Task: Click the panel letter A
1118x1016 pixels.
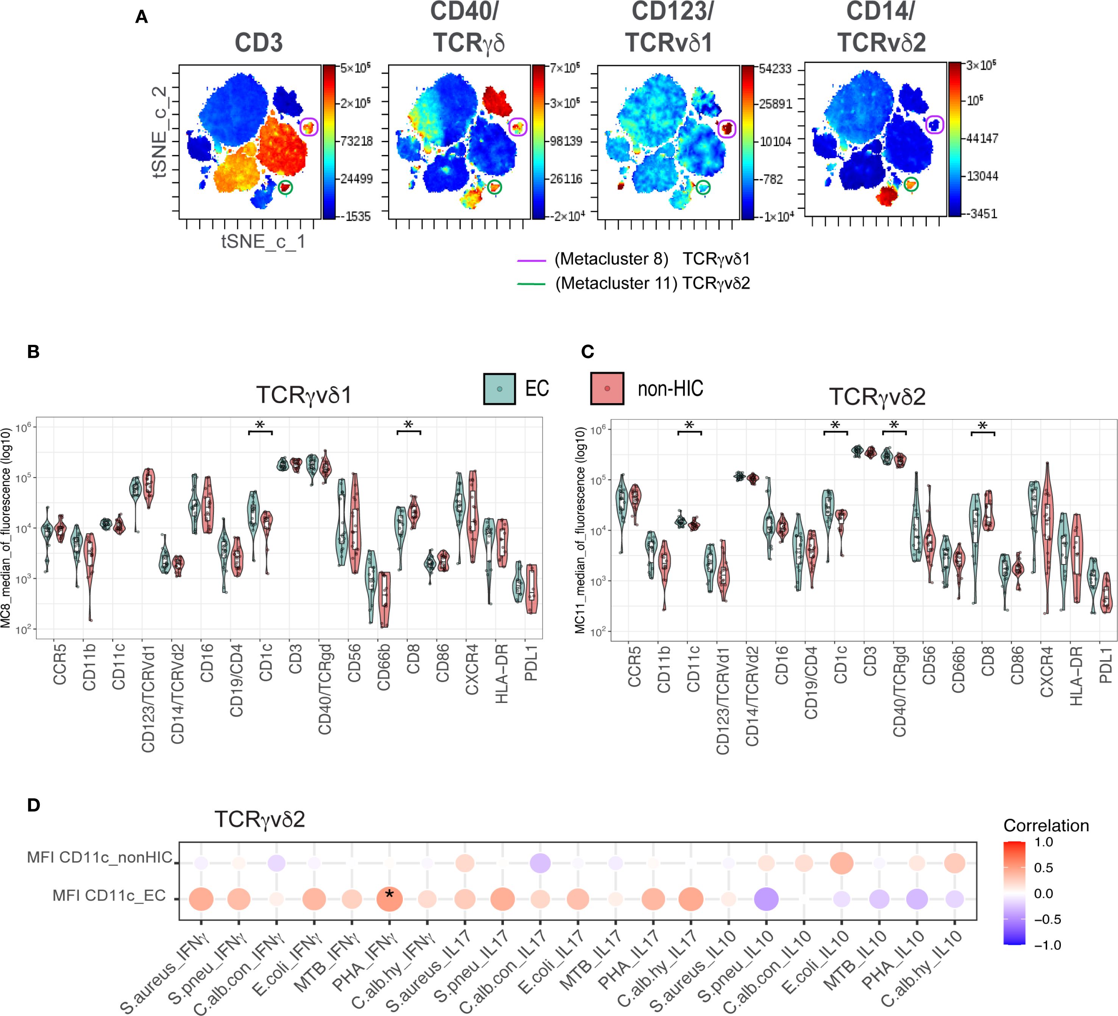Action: (x=142, y=17)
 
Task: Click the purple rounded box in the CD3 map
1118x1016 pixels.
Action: (x=309, y=127)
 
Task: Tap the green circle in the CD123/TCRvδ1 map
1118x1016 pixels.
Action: (x=703, y=187)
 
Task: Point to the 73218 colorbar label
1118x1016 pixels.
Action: (x=356, y=141)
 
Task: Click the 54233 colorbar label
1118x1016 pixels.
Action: (x=775, y=69)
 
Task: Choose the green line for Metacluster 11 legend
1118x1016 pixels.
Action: (x=531, y=284)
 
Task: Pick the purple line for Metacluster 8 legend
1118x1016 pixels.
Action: (x=531, y=260)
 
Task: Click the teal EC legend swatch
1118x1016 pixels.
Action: (x=499, y=388)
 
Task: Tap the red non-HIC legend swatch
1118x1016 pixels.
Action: (x=607, y=388)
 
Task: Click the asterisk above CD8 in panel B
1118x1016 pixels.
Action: (x=409, y=426)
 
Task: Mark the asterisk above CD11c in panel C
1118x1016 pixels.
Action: (x=689, y=426)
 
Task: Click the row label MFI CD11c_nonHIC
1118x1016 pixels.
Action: (x=100, y=857)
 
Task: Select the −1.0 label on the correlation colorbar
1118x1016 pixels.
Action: (x=1047, y=945)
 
